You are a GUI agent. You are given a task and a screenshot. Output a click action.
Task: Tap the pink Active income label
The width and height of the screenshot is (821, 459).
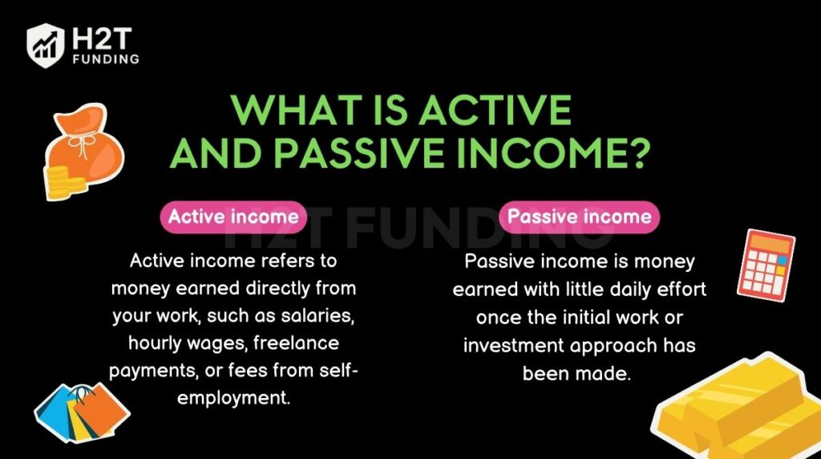(x=233, y=217)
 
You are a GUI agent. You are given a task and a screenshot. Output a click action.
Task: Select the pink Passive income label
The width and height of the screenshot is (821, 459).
(x=579, y=217)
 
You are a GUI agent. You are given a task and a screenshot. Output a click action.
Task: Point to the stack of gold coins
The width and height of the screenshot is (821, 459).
(x=60, y=182)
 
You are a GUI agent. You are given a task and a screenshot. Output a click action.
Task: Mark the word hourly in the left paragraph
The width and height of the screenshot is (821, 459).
(x=155, y=343)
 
